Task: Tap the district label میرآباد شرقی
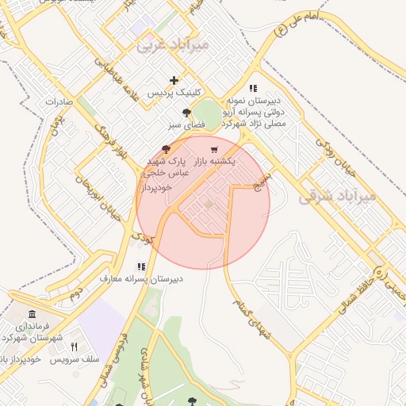point(335,197)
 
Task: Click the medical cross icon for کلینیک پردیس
point(174,80)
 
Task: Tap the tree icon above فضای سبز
point(186,113)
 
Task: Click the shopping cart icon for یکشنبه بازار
point(213,149)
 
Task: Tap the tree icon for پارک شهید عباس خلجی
point(165,148)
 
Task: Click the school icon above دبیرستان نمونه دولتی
point(253,89)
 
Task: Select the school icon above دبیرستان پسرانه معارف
point(141,267)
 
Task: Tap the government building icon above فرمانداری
point(31,314)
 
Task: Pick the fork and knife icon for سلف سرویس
point(74,347)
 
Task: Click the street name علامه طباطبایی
point(117,82)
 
